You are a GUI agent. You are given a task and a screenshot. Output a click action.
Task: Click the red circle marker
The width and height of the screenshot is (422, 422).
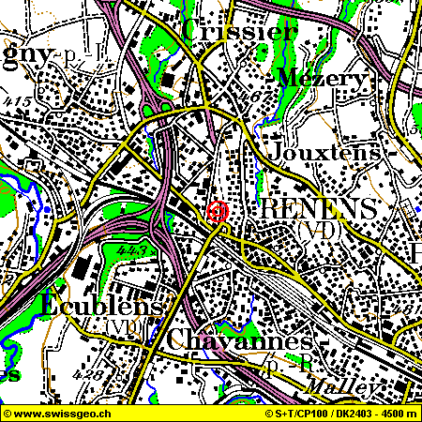tap(219, 212)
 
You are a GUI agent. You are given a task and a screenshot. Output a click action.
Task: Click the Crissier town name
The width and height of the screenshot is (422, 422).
tap(242, 30)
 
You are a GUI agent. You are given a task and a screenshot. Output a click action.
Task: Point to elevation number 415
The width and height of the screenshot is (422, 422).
tap(20, 100)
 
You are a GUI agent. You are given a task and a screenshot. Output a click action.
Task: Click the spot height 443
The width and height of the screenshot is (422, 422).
tap(134, 251)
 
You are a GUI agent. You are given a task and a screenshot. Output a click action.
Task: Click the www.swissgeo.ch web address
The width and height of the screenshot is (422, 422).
tap(58, 413)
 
